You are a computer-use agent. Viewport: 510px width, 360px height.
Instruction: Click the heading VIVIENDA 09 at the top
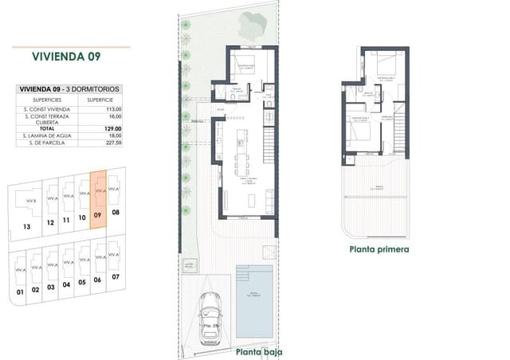click(x=69, y=57)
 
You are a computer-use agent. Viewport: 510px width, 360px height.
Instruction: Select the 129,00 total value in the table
click(x=112, y=128)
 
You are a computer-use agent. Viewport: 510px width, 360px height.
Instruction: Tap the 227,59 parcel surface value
click(x=112, y=143)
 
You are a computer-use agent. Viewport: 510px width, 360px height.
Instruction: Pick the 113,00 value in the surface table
click(x=112, y=108)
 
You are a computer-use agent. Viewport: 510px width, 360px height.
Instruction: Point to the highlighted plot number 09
click(x=98, y=215)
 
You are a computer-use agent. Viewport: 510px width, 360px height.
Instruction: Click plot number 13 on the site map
click(x=27, y=226)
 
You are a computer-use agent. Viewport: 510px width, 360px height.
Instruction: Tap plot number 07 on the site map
click(x=116, y=276)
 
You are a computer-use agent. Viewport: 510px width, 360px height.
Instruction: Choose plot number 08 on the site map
click(x=116, y=213)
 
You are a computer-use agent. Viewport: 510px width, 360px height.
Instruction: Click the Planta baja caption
click(x=257, y=351)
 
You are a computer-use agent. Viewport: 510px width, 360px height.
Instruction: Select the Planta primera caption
click(x=379, y=248)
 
